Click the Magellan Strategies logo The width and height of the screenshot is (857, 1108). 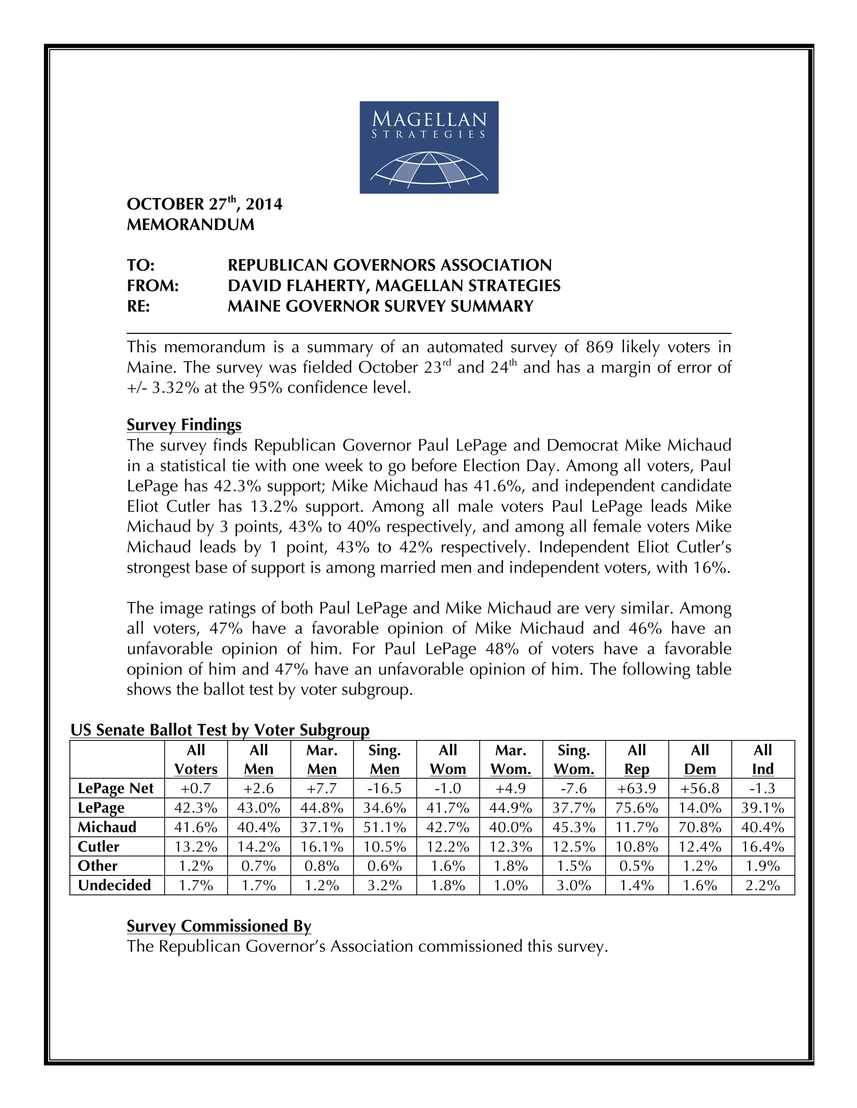[428, 147]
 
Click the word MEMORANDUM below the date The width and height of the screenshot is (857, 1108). [190, 225]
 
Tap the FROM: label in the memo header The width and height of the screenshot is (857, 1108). [153, 286]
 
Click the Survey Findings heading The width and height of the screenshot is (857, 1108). [184, 425]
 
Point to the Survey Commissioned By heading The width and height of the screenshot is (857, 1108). [219, 926]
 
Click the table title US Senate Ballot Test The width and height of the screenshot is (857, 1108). [219, 730]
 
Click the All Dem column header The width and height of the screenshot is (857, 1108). [700, 759]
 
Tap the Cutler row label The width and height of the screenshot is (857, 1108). [98, 847]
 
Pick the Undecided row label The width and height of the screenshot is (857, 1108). [114, 885]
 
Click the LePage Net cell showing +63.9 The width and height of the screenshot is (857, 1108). [636, 789]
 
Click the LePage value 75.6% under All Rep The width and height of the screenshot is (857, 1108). [636, 808]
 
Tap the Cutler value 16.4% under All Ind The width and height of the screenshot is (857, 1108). [762, 847]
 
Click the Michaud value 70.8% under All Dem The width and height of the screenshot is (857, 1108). [700, 827]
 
